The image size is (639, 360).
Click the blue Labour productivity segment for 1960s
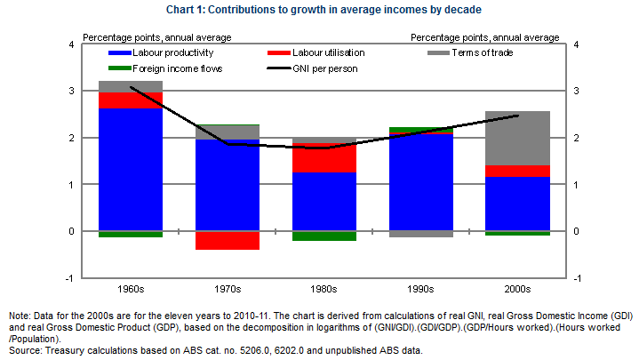coord(130,169)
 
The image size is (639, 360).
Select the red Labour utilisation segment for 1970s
coord(227,240)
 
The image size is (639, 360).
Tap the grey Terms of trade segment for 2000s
coord(517,138)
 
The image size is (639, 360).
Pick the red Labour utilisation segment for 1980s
coord(323,157)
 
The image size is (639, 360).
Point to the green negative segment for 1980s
coord(323,236)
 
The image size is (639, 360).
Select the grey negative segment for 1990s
coord(420,234)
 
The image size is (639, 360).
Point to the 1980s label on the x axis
coord(323,289)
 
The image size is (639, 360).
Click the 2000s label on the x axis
coord(517,289)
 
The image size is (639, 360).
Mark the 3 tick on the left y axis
coord(72,91)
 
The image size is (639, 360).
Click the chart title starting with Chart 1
coord(319,11)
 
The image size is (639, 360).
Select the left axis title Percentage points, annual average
coord(157,37)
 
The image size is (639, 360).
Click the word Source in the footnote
coord(25,350)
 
